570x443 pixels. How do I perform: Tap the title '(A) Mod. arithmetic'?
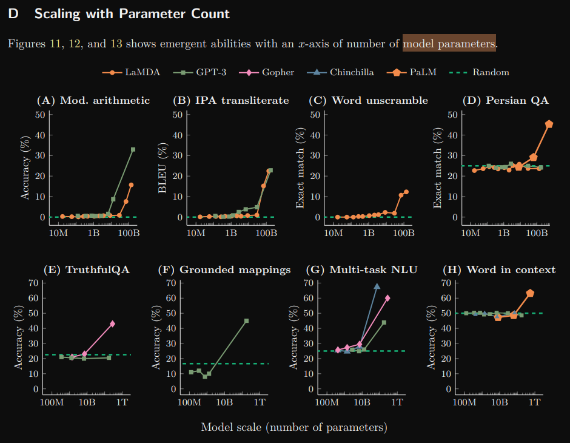coord(93,100)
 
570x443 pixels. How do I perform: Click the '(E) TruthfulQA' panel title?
coord(87,269)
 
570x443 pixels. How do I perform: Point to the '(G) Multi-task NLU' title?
coord(367,269)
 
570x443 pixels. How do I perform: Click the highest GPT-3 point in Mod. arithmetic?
coord(133,149)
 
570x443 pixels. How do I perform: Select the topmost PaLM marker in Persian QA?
coord(549,124)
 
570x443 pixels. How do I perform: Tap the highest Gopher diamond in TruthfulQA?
coord(112,323)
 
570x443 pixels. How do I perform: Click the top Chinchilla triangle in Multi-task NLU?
coord(377,286)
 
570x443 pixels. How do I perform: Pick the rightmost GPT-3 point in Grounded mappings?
coord(246,320)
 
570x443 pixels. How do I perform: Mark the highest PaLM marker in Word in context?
coord(530,293)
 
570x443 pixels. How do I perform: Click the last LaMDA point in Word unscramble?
coord(406,192)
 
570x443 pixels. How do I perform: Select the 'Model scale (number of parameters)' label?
coord(294,427)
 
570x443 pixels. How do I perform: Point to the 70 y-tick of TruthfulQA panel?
coord(34,283)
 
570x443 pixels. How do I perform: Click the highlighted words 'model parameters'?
coord(449,43)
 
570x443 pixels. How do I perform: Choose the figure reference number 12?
coord(75,43)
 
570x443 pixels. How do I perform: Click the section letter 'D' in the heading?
coord(13,13)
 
